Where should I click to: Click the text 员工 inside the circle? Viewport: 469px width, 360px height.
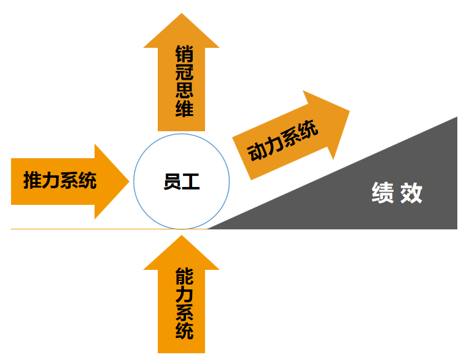click(x=182, y=182)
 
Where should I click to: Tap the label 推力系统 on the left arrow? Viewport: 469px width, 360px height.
click(x=60, y=181)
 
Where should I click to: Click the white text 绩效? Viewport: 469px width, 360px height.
click(x=397, y=193)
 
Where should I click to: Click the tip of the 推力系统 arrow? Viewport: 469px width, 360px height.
click(x=129, y=182)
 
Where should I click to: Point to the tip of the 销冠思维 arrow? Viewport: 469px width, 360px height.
click(x=182, y=14)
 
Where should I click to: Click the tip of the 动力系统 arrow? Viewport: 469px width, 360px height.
click(x=349, y=110)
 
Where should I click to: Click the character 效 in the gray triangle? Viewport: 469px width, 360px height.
click(x=411, y=193)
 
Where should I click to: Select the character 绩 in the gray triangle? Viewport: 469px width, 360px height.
click(x=382, y=193)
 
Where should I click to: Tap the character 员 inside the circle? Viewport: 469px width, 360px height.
click(x=172, y=182)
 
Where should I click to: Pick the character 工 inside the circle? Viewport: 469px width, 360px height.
click(x=191, y=182)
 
